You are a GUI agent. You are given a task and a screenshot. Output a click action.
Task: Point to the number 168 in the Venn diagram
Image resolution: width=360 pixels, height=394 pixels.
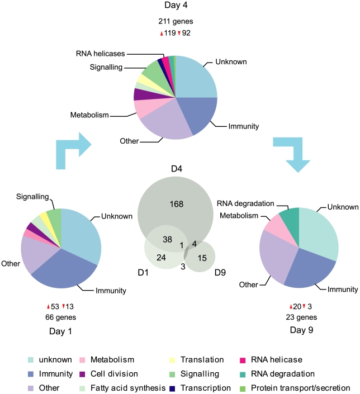(177, 204)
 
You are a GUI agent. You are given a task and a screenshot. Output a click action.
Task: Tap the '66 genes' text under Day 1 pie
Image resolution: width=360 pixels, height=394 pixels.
(60, 317)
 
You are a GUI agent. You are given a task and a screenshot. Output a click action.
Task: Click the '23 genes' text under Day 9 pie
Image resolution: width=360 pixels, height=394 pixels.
(303, 317)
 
